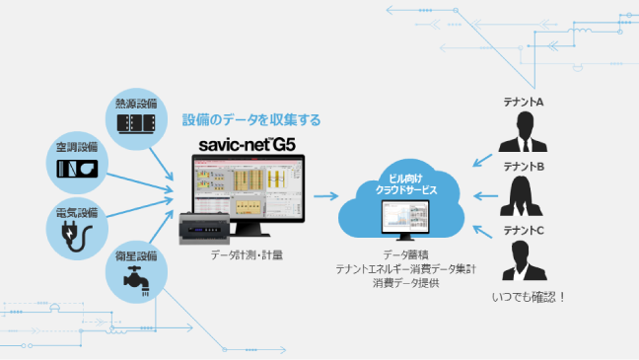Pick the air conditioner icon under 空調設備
click(x=77, y=169)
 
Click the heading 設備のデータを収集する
click(x=251, y=119)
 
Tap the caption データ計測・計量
click(x=247, y=255)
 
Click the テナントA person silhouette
click(x=524, y=135)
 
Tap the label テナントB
click(x=524, y=167)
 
